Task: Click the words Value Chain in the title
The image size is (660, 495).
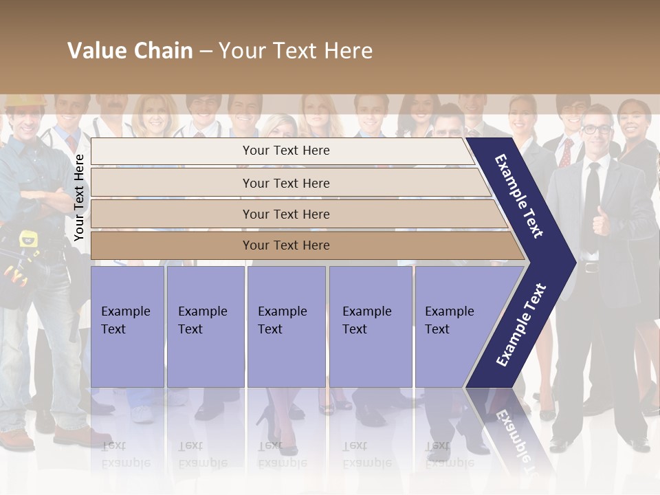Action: coord(130,51)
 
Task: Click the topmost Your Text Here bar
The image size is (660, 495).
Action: coord(285,151)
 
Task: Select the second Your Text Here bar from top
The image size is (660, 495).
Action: coord(285,183)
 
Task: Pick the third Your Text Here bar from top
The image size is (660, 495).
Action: coord(285,214)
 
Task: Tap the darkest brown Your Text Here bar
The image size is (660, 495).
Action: coord(285,245)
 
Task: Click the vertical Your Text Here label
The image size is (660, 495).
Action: coord(79,197)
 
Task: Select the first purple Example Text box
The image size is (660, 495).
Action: coord(127,327)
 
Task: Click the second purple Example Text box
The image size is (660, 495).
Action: coord(205,327)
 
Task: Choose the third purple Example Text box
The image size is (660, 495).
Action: coord(286,327)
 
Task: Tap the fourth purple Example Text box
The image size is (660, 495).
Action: coord(371,327)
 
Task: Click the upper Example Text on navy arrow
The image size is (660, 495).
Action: coord(519,196)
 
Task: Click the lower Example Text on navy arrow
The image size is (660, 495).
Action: coord(520,325)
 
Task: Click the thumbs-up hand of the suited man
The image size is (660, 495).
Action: coord(602,220)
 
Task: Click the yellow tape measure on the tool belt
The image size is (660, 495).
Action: coord(28,239)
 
